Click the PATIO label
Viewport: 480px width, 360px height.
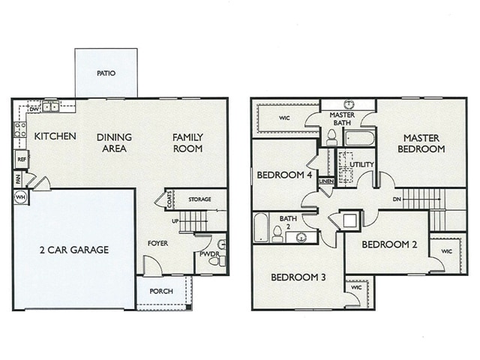(106, 73)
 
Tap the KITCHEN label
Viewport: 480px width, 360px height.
(55, 136)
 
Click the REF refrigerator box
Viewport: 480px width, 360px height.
(21, 160)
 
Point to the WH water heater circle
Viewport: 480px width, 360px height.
(20, 198)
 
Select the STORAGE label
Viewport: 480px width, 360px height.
(199, 199)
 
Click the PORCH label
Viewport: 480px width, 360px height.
(161, 292)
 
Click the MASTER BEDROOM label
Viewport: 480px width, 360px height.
(424, 143)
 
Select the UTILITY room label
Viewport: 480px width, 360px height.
(362, 163)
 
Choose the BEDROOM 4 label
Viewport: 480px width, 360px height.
(285, 175)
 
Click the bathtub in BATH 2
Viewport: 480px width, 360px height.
(261, 228)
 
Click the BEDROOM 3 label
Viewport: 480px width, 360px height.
(298, 277)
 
